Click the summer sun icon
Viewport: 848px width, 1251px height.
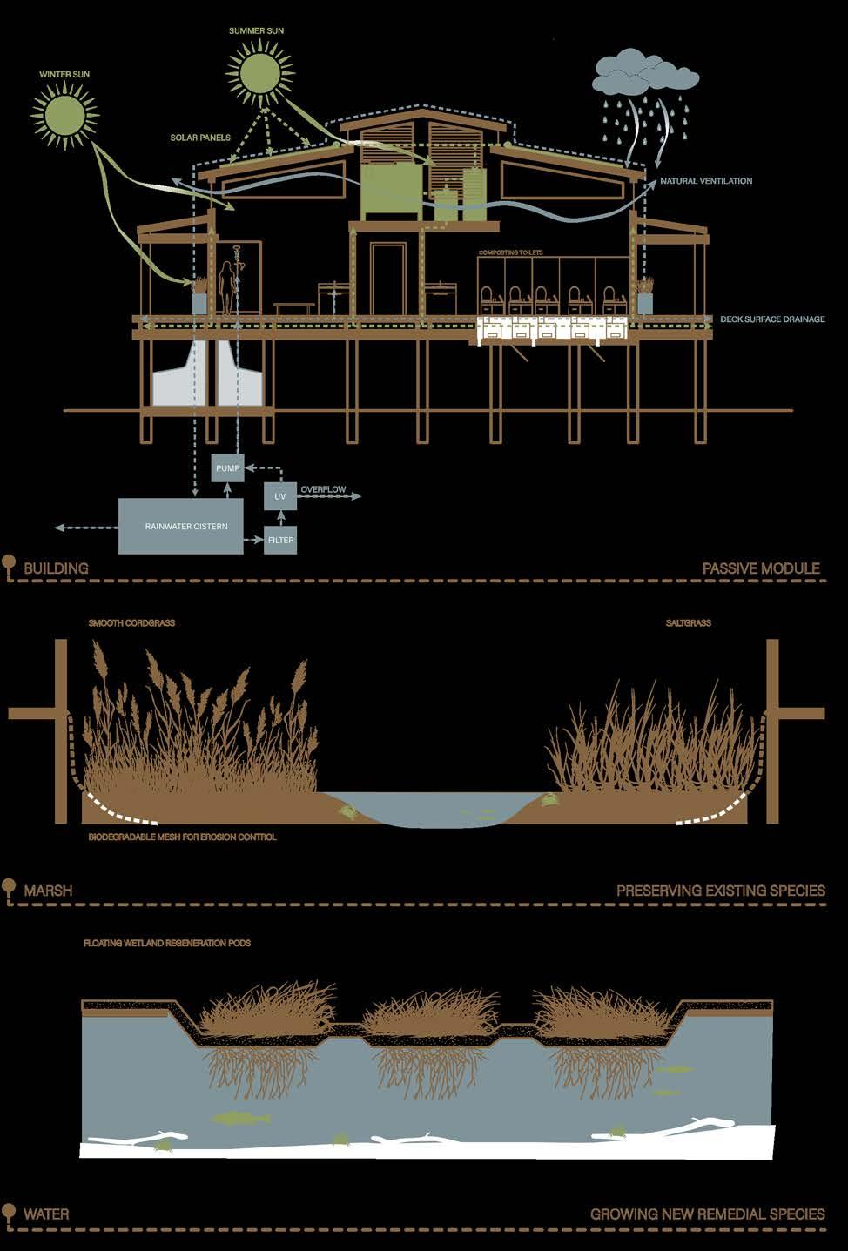[259, 71]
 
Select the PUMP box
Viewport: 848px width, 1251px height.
[228, 468]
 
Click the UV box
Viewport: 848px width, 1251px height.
[280, 496]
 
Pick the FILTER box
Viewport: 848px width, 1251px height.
[280, 540]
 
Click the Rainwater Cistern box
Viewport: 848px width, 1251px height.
[181, 526]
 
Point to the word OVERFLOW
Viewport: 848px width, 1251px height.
[323, 490]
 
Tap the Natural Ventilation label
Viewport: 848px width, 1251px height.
[706, 181]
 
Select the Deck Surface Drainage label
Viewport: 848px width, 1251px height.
[772, 319]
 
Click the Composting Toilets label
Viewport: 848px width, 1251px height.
[510, 252]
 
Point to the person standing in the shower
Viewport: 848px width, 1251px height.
[228, 287]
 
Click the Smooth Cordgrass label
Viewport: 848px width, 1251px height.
[131, 623]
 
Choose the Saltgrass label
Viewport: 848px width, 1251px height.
[688, 623]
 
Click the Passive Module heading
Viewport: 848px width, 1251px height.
[761, 568]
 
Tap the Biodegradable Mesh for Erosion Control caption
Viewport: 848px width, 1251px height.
[183, 837]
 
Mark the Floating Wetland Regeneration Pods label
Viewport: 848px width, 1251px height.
[167, 943]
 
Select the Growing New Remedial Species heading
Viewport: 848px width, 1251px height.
[707, 1214]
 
